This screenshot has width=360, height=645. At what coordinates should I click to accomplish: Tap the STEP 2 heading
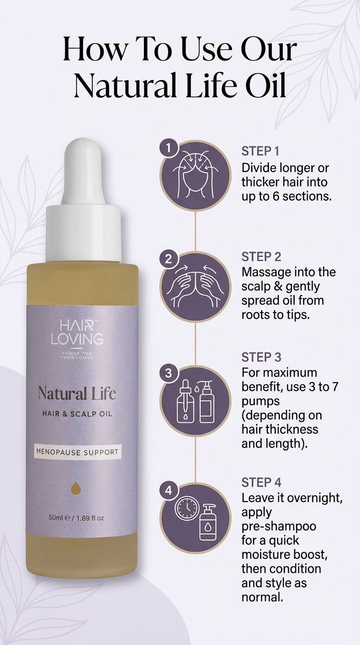click(x=261, y=256)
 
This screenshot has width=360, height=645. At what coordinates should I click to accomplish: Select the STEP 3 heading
click(x=261, y=357)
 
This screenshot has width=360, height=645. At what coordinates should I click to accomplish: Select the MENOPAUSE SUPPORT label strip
click(x=78, y=452)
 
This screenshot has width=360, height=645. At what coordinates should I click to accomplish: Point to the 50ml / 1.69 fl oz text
click(x=76, y=518)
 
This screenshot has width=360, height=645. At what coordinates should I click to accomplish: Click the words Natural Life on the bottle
click(x=76, y=393)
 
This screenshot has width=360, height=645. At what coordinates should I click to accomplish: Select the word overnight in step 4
click(x=314, y=498)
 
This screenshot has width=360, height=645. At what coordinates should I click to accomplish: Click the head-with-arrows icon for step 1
click(x=195, y=175)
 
